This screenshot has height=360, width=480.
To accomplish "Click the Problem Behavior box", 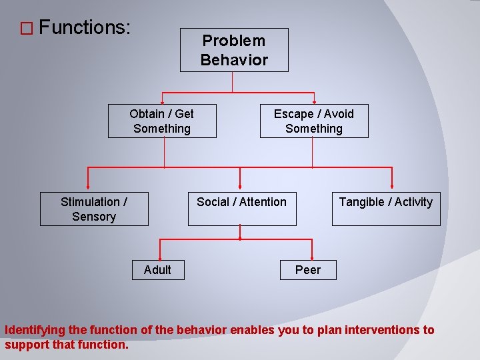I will [x=234, y=50].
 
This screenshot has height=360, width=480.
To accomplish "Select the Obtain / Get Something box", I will [x=162, y=121].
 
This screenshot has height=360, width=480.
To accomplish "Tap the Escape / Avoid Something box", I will [x=314, y=121].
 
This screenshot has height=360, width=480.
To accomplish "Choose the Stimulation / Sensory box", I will [x=94, y=209].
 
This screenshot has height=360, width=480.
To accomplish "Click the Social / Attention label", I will [x=241, y=202].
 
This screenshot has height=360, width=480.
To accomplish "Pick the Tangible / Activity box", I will [x=386, y=209].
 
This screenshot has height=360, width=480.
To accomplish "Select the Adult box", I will [x=157, y=269].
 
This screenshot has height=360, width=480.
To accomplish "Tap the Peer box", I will [x=308, y=269].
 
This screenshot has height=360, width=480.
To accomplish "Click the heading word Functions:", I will [x=85, y=28].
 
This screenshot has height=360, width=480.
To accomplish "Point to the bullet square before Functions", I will [x=26, y=29].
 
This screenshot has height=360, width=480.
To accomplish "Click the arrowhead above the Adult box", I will [x=159, y=257].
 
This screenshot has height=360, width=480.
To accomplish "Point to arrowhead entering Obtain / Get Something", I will [x=162, y=102].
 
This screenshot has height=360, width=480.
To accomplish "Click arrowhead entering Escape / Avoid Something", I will [x=313, y=102].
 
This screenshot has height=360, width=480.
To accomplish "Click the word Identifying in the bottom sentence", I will [x=33, y=330].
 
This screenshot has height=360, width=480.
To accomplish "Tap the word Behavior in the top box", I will [x=234, y=59].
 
